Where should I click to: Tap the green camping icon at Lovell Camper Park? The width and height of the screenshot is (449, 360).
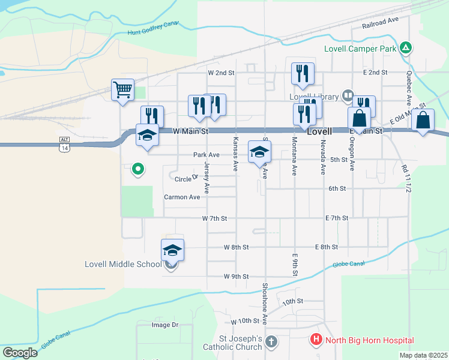tap(406, 47)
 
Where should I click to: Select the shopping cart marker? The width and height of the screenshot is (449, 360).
tap(122, 91)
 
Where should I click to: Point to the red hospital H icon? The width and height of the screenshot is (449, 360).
tap(316, 340)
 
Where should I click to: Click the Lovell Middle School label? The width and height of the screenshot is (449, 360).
tap(122, 264)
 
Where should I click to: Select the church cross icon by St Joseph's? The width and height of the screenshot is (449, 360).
tap(271, 342)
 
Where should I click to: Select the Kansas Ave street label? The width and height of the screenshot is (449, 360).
tap(235, 154)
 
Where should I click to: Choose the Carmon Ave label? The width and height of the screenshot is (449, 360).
tap(182, 197)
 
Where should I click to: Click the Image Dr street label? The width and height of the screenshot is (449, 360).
tap(165, 325)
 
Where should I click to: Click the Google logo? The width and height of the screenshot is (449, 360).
tap(20, 353)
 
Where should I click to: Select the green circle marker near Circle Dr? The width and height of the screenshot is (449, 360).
tap(138, 169)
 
